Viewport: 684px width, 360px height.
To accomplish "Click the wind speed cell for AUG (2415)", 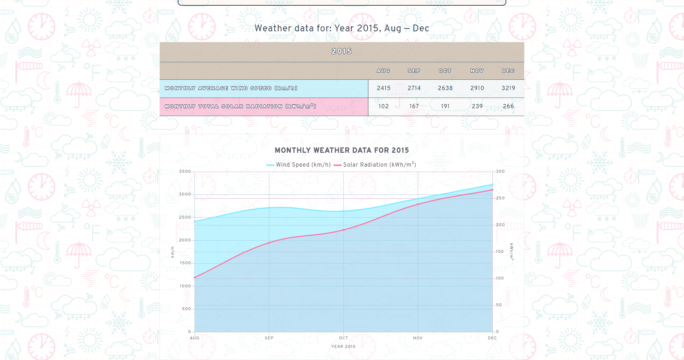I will (x=384, y=88).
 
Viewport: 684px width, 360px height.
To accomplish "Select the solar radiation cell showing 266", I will (x=508, y=106).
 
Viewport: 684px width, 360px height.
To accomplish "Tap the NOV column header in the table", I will (x=477, y=71).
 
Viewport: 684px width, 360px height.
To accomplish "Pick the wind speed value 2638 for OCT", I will (x=445, y=88).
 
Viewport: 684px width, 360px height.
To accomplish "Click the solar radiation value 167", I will (x=414, y=106).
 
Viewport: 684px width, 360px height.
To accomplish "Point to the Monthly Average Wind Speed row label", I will (x=231, y=88).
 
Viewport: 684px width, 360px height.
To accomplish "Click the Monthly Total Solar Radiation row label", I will (x=240, y=106).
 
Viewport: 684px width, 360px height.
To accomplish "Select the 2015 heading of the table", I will (x=342, y=52).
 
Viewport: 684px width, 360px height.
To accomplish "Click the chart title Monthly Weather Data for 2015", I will (x=342, y=150).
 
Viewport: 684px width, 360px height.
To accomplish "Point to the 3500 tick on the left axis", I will (x=185, y=172).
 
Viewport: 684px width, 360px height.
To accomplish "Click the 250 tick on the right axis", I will (x=500, y=198).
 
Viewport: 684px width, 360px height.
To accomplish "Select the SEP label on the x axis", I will (x=269, y=338).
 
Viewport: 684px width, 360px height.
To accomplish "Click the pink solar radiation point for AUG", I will (x=195, y=278).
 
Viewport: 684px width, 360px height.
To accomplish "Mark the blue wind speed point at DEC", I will (x=492, y=184).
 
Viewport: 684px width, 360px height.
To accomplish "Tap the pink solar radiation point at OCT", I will (x=343, y=230).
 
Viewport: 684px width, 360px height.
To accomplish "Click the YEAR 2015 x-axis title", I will (x=343, y=346).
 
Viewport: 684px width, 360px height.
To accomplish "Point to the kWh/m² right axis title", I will (x=512, y=251).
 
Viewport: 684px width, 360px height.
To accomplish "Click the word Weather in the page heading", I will (x=273, y=28).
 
